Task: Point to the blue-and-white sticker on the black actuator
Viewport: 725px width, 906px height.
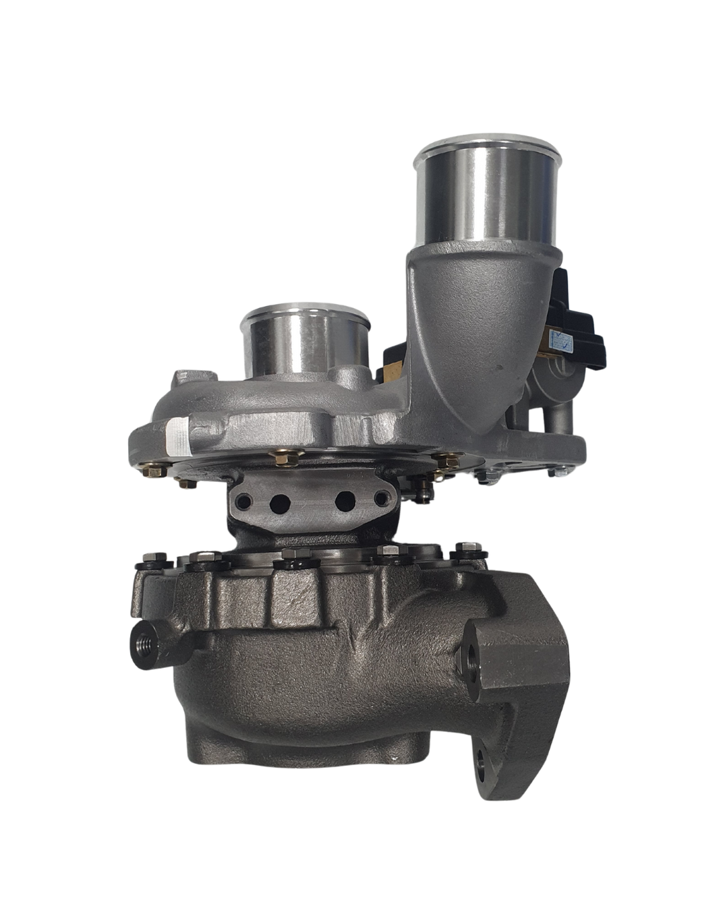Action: tap(559, 337)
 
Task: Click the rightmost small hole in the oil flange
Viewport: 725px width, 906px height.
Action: tap(384, 500)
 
